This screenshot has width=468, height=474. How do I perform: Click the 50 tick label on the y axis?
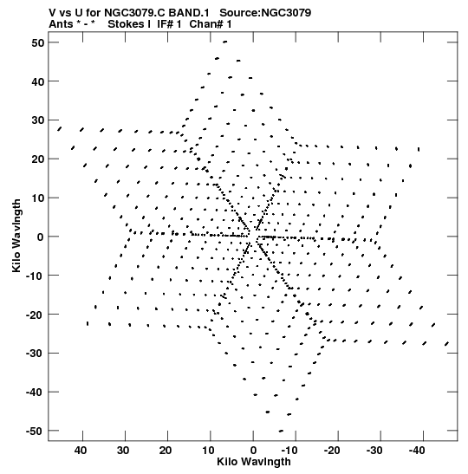click(x=37, y=42)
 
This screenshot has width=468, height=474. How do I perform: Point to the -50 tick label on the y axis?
click(x=35, y=431)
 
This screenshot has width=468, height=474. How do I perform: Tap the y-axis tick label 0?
click(x=41, y=237)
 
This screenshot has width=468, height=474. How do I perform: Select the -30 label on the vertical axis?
click(x=35, y=353)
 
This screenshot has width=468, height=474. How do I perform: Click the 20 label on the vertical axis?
click(x=37, y=159)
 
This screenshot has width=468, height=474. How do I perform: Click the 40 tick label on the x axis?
click(x=81, y=451)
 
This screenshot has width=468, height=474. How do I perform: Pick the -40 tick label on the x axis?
click(x=417, y=451)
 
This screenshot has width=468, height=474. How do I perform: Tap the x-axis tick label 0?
click(x=253, y=451)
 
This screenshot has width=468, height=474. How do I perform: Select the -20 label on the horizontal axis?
click(x=332, y=451)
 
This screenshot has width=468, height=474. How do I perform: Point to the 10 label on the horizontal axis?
click(x=208, y=451)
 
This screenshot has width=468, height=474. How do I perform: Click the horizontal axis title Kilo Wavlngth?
click(x=254, y=462)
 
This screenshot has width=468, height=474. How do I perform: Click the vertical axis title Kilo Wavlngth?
click(x=16, y=236)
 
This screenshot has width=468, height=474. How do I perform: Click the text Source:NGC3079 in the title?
click(x=265, y=13)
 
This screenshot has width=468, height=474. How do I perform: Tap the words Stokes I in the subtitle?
click(x=129, y=24)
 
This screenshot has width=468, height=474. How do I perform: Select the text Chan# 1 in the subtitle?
click(x=211, y=24)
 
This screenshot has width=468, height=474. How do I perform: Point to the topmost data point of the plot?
click(x=225, y=42)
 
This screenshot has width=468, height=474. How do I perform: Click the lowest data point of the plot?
click(x=281, y=431)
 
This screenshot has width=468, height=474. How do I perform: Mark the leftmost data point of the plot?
click(x=59, y=129)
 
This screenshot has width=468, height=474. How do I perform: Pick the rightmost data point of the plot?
click(x=446, y=344)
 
